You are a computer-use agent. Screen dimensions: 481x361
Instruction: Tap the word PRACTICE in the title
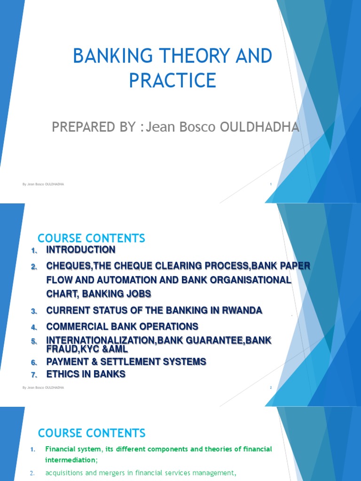(x=173, y=80)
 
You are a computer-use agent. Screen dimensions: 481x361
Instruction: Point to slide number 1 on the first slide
(x=271, y=184)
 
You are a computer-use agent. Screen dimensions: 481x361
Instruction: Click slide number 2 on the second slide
(x=271, y=388)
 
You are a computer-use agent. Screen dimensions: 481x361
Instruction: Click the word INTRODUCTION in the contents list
(x=80, y=250)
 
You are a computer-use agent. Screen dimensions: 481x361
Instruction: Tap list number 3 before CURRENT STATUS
(x=34, y=311)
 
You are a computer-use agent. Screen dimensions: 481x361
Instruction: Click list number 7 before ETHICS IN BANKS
(x=34, y=375)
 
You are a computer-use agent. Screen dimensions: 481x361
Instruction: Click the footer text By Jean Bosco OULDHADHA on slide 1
(x=43, y=184)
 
